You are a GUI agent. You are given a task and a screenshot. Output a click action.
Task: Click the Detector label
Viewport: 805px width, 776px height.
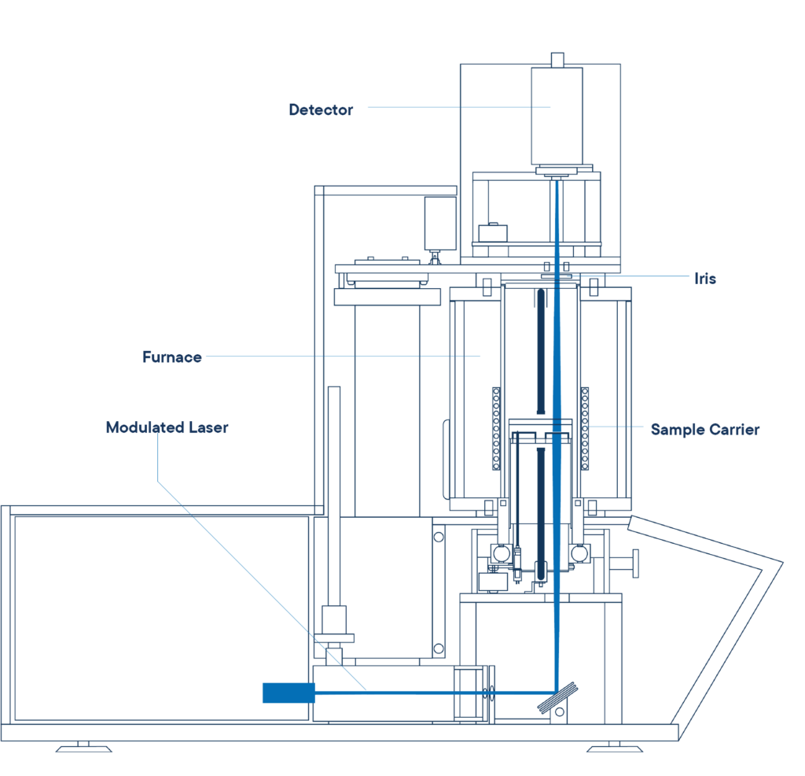320,110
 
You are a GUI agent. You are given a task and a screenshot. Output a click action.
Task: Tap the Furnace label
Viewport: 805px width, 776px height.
173,357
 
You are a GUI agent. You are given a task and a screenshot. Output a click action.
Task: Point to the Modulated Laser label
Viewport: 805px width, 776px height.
167,428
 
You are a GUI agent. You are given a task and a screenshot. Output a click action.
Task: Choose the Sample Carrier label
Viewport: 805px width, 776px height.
704,430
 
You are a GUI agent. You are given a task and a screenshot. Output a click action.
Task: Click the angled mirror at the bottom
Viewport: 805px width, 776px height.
557,700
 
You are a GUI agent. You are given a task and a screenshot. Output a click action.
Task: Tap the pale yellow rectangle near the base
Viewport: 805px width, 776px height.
384,711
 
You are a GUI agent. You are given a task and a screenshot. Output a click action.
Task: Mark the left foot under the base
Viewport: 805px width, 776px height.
83,745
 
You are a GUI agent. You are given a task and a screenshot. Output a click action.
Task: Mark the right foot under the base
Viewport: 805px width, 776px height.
614,745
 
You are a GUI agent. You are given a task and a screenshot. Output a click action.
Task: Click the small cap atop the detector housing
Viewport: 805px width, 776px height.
557,60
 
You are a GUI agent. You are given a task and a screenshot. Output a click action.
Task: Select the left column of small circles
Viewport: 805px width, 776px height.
496,428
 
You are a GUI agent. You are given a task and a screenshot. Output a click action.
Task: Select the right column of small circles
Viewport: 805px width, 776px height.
585,428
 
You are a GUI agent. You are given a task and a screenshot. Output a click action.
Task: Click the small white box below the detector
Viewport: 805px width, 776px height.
493,234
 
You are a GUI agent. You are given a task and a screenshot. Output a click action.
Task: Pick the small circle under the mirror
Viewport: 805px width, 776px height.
559,713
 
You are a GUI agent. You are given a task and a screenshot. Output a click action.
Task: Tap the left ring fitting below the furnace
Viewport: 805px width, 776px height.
501,553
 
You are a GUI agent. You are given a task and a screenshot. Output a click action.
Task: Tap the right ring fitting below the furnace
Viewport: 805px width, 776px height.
580,553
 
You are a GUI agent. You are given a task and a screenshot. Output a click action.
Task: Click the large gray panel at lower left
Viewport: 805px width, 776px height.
103,617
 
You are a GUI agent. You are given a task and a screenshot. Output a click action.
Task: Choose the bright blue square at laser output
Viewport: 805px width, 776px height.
288,700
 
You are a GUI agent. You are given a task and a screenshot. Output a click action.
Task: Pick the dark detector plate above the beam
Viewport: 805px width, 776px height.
562,170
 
